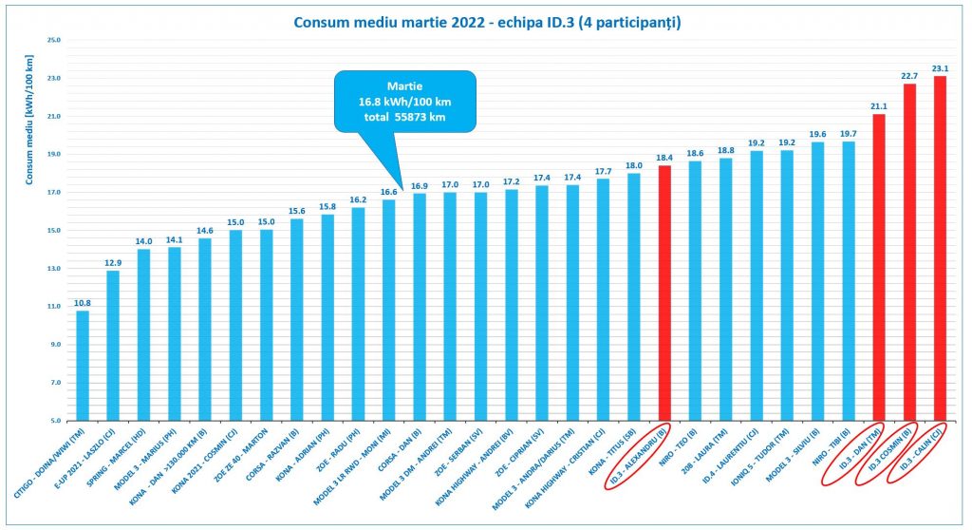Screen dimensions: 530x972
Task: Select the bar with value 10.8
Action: pyautogui.click(x=83, y=366)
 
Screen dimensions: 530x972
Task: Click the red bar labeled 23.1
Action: pyautogui.click(x=940, y=247)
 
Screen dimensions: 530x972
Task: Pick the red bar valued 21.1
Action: pyautogui.click(x=879, y=266)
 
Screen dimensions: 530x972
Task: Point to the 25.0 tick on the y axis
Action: pyautogui.click(x=53, y=41)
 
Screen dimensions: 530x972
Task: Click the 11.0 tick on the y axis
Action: pyautogui.click(x=53, y=307)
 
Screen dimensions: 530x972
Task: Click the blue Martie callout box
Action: pyautogui.click(x=402, y=102)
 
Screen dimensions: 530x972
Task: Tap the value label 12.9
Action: pyautogui.click(x=113, y=261)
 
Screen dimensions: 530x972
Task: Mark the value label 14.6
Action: pyautogui.click(x=205, y=230)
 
